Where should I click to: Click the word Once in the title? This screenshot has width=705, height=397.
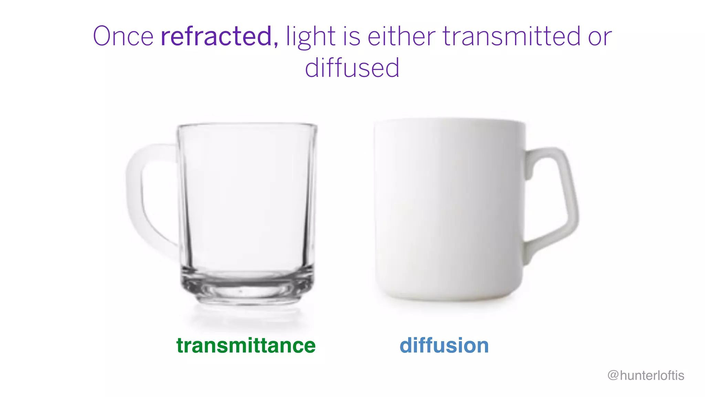(x=123, y=36)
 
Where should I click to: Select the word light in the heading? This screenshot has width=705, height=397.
(x=311, y=36)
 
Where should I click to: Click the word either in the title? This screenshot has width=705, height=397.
(x=401, y=36)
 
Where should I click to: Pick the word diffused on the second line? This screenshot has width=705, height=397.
(x=352, y=68)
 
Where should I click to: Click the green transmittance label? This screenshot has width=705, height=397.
(x=246, y=345)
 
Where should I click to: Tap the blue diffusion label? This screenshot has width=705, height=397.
(x=444, y=345)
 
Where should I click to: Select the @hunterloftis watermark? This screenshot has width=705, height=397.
(x=646, y=375)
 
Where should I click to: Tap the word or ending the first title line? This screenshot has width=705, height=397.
(x=600, y=36)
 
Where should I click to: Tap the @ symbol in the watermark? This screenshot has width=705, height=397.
(x=613, y=375)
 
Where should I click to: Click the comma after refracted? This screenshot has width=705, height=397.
(x=276, y=44)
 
